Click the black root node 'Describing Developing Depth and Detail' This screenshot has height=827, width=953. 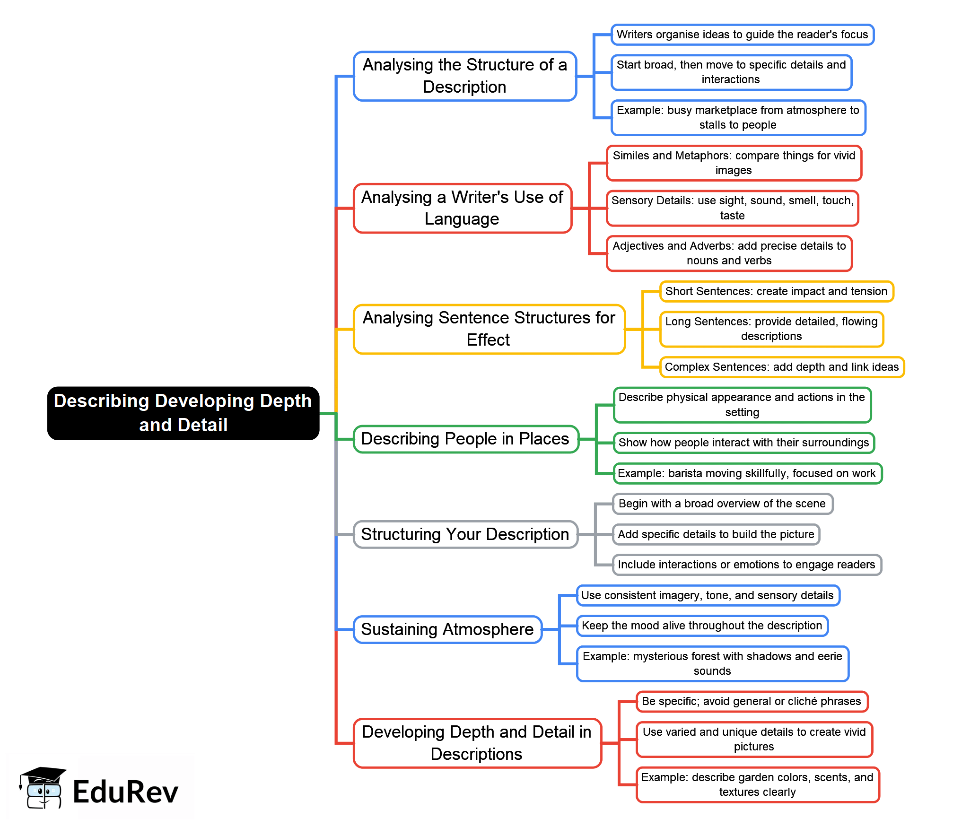pos(183,413)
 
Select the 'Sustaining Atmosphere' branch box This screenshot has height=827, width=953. pos(447,629)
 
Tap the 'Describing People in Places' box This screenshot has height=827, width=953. pos(465,439)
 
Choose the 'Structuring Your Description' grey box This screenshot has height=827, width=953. pos(465,534)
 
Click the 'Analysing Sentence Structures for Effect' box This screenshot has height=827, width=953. pos(489,329)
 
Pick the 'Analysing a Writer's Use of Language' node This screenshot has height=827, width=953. pos(462,208)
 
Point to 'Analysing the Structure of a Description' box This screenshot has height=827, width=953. pos(465,76)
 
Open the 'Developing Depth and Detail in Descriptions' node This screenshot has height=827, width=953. pos(477,742)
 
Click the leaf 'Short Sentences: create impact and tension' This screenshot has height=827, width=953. pos(776,291)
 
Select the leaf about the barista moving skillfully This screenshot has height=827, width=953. pos(747,473)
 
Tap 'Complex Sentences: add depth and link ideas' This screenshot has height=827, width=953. pos(781,367)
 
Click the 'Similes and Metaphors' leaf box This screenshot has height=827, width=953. pos(734,163)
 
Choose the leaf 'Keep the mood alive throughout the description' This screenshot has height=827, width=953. pos(702,626)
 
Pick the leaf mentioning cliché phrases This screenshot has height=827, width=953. pos(752,701)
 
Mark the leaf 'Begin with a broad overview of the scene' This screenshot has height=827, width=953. pos(722,504)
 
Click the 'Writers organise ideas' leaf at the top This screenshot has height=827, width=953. pos(742,35)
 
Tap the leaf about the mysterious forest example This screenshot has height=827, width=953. pos(712,663)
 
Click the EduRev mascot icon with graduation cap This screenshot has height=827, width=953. pos(42,788)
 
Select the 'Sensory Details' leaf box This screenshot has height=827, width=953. pos(732,208)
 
